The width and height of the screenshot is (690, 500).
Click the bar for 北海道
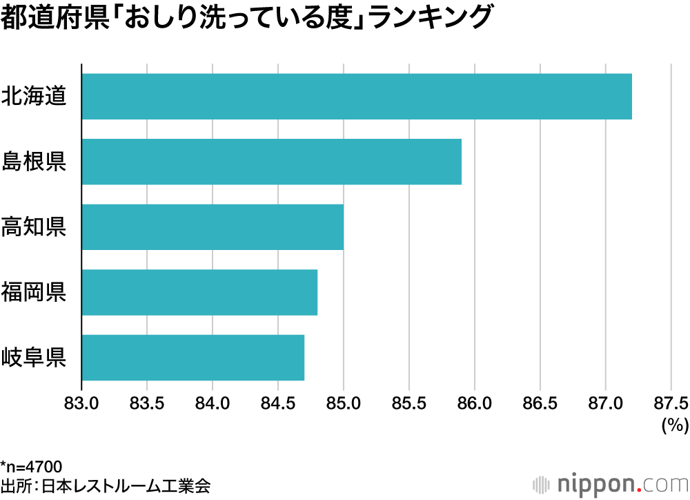[x=357, y=96]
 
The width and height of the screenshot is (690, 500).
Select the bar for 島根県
[x=272, y=162]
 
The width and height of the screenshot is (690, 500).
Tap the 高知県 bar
[x=213, y=227]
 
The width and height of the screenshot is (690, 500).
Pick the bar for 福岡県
[x=199, y=292]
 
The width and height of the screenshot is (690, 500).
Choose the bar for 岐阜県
[x=193, y=357]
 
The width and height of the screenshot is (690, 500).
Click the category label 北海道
[x=34, y=96]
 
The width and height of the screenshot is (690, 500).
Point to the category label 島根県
[x=34, y=162]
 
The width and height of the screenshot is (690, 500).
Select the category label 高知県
[x=34, y=227]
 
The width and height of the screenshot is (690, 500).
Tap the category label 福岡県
[x=34, y=292]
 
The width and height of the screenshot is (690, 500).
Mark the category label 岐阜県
[x=34, y=357]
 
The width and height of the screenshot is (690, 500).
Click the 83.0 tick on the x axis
[x=82, y=403]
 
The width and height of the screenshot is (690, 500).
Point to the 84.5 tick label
[x=278, y=403]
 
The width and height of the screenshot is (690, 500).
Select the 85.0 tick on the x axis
[x=344, y=403]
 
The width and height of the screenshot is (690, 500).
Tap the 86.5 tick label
[x=540, y=403]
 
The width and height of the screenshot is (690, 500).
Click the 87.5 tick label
[x=671, y=403]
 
